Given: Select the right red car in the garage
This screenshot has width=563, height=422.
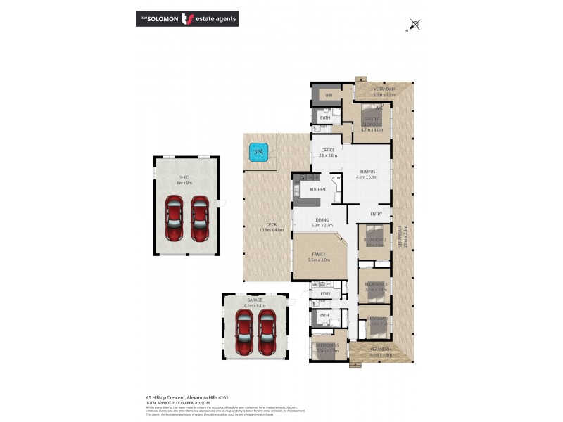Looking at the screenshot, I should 267,333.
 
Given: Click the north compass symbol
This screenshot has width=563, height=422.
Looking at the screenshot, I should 415,26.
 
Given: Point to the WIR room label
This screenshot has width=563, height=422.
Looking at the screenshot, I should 328,94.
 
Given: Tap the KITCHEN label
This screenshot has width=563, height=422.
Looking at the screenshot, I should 317,190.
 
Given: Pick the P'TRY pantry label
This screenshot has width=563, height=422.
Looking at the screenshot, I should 336,179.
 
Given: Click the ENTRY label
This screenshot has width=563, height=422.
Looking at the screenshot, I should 376,215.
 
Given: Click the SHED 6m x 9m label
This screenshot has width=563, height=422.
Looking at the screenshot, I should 184,180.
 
